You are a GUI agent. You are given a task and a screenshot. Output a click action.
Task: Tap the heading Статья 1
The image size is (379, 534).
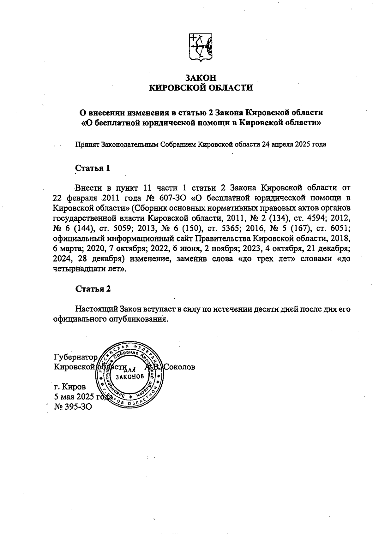[x=93, y=168]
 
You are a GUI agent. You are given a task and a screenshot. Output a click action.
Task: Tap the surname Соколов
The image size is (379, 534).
[x=179, y=367]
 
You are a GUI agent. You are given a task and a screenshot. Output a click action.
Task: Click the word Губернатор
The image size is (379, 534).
[x=76, y=358]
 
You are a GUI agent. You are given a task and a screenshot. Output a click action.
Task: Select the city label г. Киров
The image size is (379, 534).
[x=69, y=386]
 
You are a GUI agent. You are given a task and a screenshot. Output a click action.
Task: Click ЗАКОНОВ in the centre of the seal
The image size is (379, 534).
[x=130, y=377]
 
